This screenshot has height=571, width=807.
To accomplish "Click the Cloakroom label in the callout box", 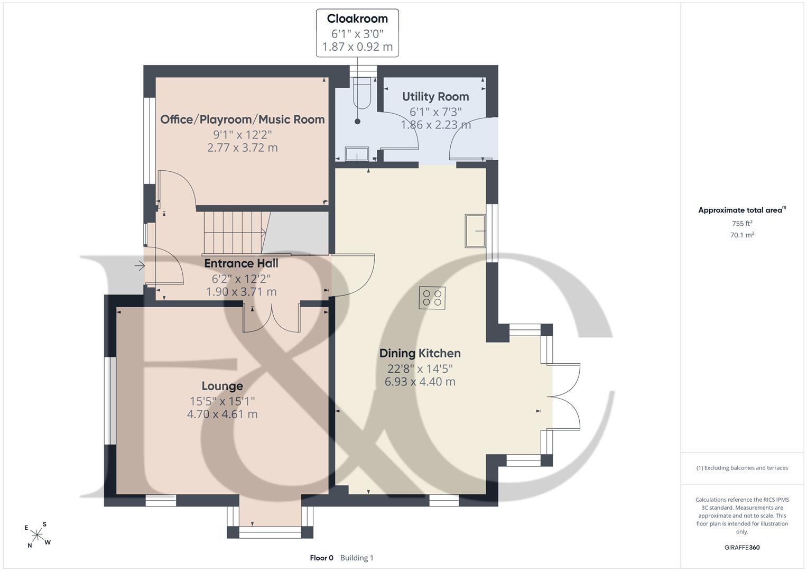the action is pos(357,19).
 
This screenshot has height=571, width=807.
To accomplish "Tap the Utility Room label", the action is pos(435,97).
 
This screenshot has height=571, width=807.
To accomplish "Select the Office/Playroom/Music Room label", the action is pos(243,119).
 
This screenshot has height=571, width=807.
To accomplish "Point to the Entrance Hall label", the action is pos(241,263).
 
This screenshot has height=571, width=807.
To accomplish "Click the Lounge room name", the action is pos(222,386).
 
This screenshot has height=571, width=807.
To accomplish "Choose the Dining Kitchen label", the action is pos(420,353).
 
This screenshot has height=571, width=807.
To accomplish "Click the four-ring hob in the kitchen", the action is pos(432,298).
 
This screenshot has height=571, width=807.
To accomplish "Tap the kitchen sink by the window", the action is pos(475,231).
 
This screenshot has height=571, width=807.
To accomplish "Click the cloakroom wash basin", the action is pos(357,154).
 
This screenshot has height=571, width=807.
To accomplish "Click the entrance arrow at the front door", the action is pos(140,266).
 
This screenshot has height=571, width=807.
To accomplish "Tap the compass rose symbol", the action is pos(38,535).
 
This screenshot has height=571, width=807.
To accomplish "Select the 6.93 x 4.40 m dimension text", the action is pos(420,381).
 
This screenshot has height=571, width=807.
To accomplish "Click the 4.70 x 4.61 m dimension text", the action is pos(222,414).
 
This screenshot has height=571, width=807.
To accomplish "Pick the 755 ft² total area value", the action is pos(742,224).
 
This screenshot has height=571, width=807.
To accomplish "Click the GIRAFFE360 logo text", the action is pos(742,547).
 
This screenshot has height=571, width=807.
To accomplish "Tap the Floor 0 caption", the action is pos(322,558).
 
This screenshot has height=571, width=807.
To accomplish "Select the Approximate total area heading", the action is pos(742,210).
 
